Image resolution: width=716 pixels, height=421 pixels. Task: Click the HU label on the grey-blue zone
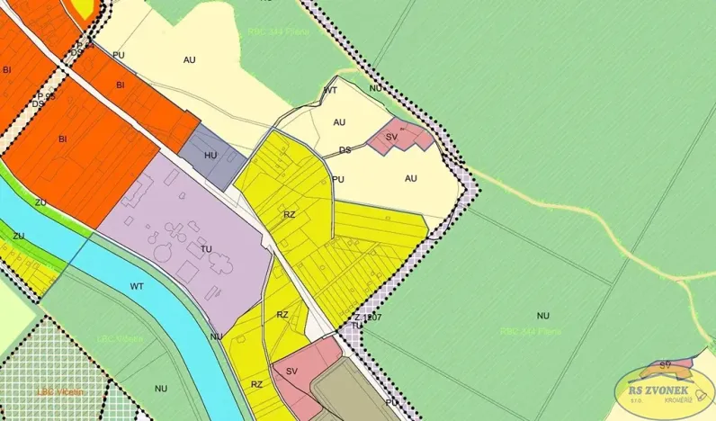coord(211,156)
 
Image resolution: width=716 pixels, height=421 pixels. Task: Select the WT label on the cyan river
coord(137,286)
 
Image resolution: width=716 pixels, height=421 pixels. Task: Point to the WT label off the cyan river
coord(330,90)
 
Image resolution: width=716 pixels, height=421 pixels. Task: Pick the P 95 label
coord(46,95)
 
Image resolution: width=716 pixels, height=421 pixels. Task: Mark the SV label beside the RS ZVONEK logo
coord(666,364)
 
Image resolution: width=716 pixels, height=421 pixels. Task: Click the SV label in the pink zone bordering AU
coord(391,137)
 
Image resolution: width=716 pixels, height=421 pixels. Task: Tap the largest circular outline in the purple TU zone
coord(163,252)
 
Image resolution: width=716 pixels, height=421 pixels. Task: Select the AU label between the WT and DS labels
coord(339,121)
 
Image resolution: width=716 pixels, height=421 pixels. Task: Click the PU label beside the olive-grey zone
coord(391,403)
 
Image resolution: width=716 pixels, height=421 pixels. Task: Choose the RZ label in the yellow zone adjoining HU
coord(289,215)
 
